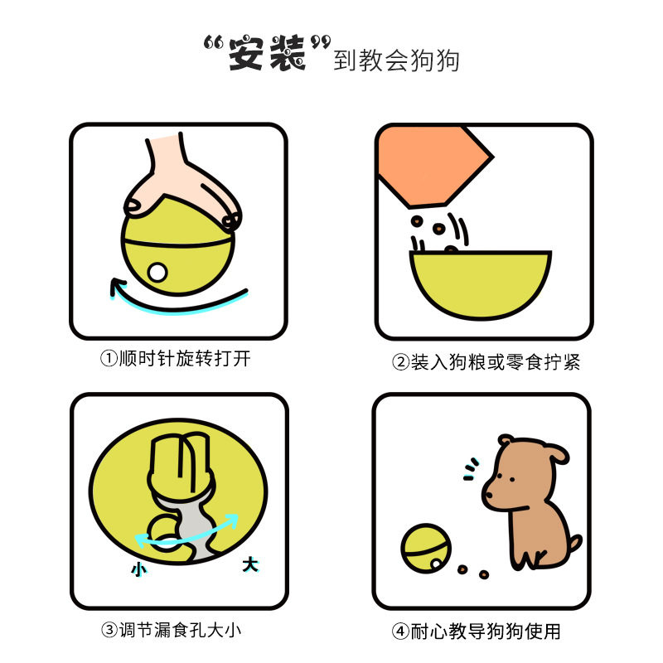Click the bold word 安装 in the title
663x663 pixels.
click(267, 53)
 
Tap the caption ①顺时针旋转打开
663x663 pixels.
click(176, 359)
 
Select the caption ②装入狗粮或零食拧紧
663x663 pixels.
click(486, 362)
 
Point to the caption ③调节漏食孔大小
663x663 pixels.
click(172, 630)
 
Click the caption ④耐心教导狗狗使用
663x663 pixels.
click(476, 632)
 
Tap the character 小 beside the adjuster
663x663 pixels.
click(139, 569)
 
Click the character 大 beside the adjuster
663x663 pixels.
click(250, 564)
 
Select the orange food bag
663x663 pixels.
click(434, 166)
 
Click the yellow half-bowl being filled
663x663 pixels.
click(481, 283)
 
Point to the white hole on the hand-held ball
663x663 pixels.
click(157, 273)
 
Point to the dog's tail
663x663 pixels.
click(574, 545)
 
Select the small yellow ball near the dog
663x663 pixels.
click(426, 549)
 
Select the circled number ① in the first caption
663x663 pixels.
click(109, 359)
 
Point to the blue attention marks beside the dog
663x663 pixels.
click(470, 469)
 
